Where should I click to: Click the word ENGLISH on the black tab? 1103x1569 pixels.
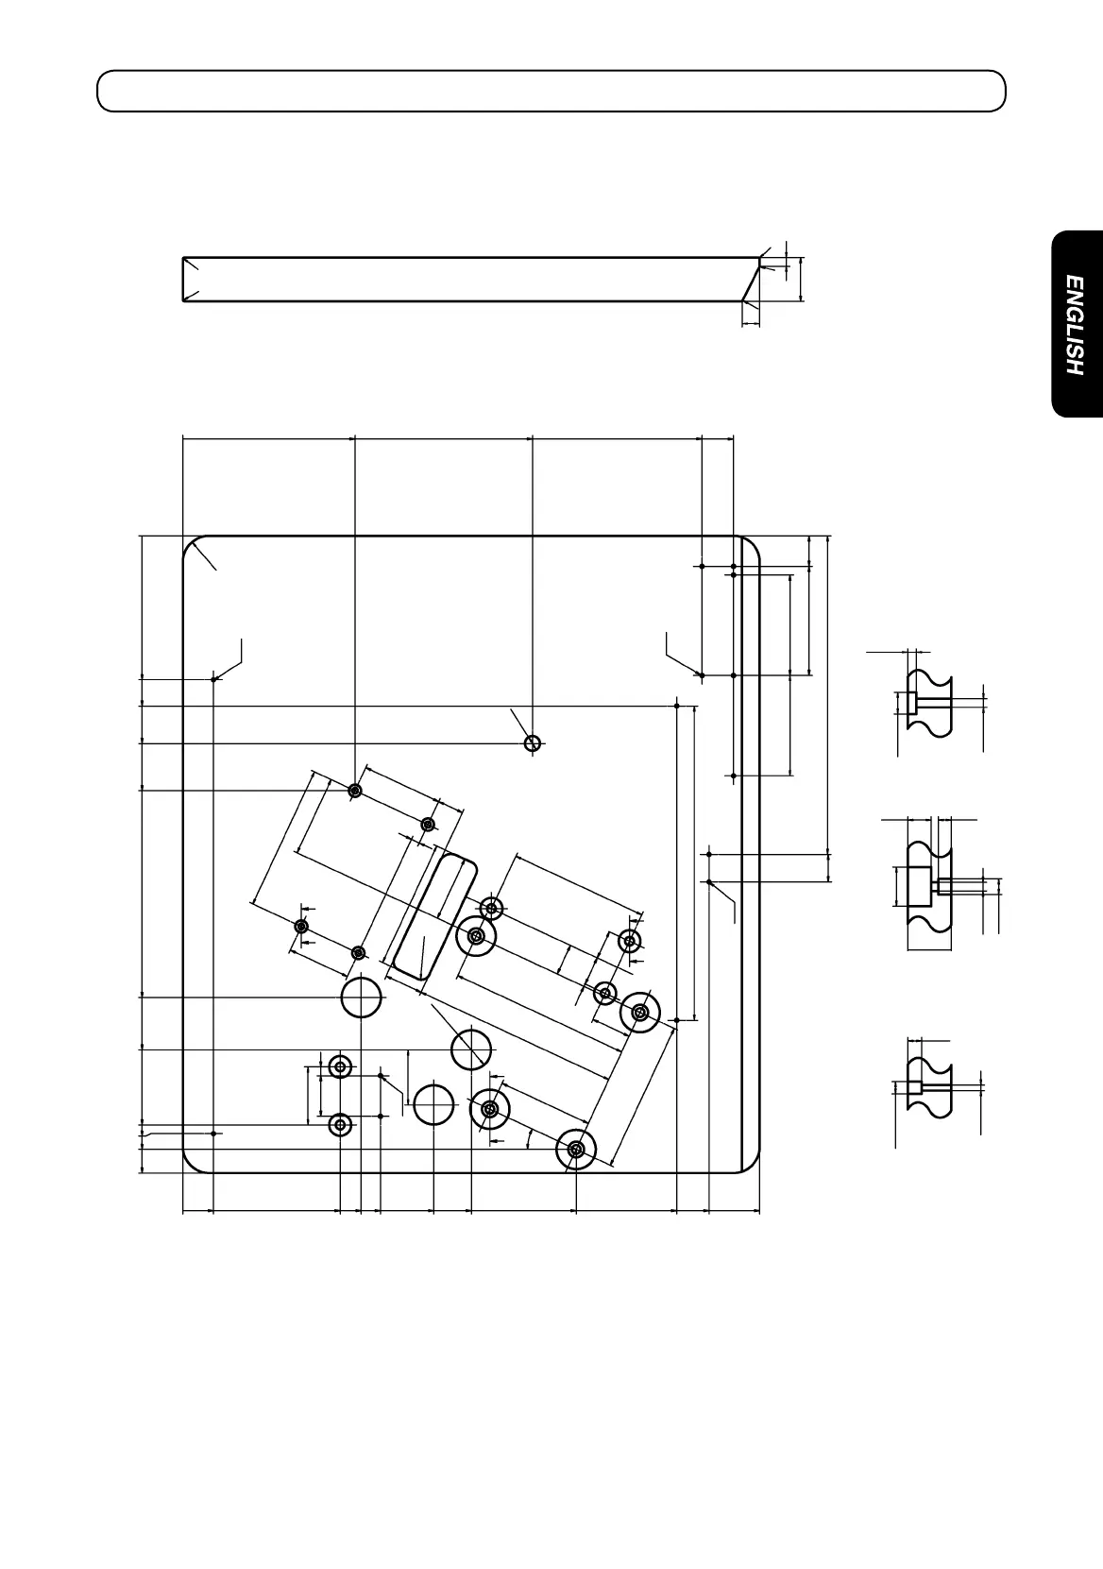coord(1075,325)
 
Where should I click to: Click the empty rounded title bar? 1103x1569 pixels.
coord(551,91)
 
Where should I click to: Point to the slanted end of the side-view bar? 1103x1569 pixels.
coord(751,280)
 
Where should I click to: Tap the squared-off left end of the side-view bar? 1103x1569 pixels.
coord(183,280)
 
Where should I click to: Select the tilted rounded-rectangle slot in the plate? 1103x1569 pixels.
coord(434,916)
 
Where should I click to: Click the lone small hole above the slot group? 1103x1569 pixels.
coord(533,743)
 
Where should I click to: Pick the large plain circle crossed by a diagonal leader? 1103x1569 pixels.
coord(471,1049)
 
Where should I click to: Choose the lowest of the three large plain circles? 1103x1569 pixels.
coord(433,1104)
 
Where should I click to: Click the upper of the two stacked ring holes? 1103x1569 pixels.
coord(340,1066)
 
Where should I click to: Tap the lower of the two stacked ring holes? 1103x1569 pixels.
coord(340,1125)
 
